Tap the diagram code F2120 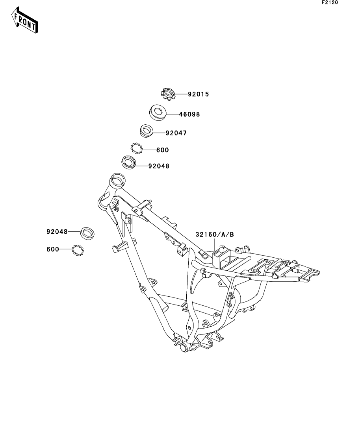(x=330, y=2)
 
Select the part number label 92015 (x=187, y=94)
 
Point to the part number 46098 (x=189, y=115)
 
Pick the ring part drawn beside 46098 (x=158, y=112)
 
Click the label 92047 (x=176, y=133)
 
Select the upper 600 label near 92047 (x=162, y=150)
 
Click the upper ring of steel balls (x=137, y=148)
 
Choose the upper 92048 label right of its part (x=159, y=166)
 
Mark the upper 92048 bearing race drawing (x=128, y=162)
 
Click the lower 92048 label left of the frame (x=57, y=232)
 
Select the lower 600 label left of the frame (x=53, y=249)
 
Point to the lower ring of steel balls (x=78, y=250)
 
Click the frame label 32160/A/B (x=215, y=235)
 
